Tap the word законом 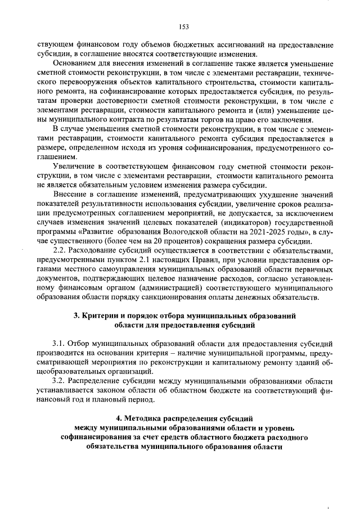(120, 390)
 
